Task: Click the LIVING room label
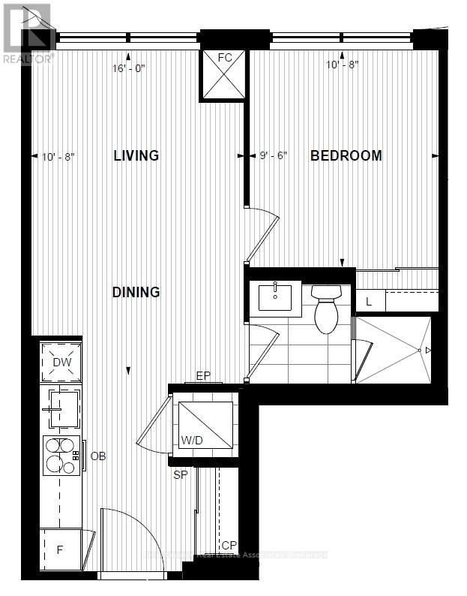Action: coord(136,155)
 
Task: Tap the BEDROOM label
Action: coord(346,155)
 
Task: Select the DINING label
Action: coord(136,292)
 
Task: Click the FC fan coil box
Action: coord(224,75)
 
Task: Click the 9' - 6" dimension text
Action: coord(274,156)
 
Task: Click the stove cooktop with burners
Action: coord(61,456)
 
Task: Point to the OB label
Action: coord(98,456)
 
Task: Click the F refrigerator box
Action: coord(60,549)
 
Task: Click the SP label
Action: coord(180,474)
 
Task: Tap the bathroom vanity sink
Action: coord(274,298)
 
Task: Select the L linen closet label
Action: coord(369,302)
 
